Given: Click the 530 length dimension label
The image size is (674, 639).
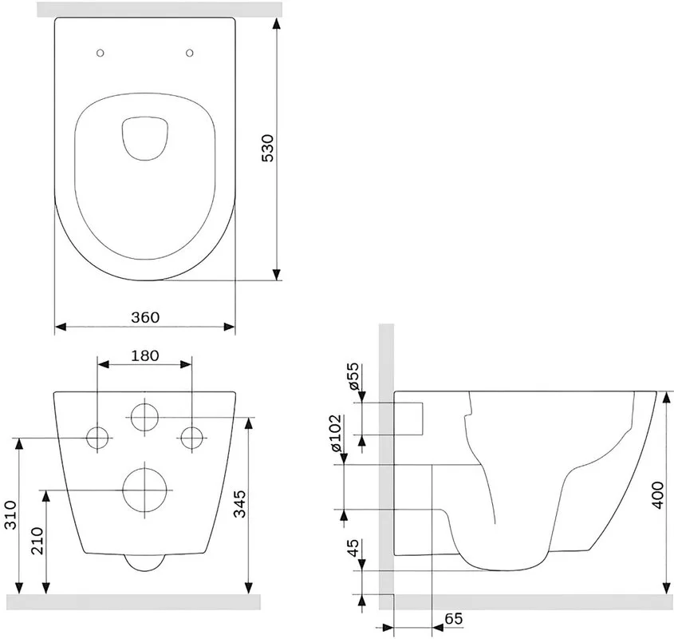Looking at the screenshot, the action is click(267, 148).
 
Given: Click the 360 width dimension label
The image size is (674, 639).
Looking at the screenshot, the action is click(145, 317).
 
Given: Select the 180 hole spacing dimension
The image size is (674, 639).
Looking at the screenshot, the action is click(145, 355).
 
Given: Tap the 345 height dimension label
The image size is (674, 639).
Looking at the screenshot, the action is click(239, 503).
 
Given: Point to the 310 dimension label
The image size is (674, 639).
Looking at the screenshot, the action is click(10, 514).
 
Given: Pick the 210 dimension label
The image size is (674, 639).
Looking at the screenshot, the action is click(37, 541).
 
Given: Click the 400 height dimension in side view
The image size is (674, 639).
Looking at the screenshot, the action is click(658, 495).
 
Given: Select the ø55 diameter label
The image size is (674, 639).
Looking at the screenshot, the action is click(353, 376).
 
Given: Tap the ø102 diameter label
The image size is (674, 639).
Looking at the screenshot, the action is click(336, 433).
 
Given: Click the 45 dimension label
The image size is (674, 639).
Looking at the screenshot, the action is click(353, 548).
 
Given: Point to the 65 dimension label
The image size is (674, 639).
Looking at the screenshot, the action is click(454, 619).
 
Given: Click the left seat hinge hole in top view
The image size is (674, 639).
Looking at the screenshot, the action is click(101, 53).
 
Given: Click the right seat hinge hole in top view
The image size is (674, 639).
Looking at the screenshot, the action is click(190, 53).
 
